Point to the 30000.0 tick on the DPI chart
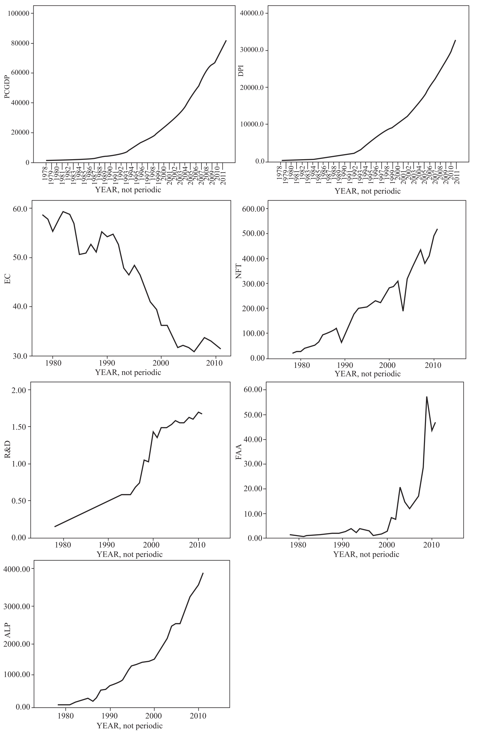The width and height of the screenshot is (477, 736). coord(253,50)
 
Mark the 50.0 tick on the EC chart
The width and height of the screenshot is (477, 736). coord(20,258)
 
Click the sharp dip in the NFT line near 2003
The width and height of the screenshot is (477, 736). coord(403,310)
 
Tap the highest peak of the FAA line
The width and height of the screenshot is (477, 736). coord(427,397)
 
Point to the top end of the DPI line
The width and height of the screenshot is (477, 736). coord(455,40)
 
